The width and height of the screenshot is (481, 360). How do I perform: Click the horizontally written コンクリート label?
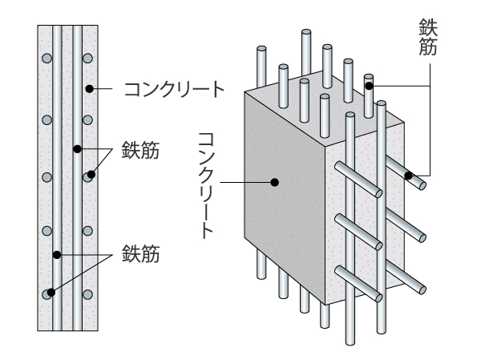click(x=172, y=87)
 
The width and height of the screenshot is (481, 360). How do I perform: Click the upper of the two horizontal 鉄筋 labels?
click(x=140, y=151)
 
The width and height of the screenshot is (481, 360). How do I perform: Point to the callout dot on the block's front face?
click(x=275, y=183)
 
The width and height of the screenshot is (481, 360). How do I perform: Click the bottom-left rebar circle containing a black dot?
click(x=49, y=293)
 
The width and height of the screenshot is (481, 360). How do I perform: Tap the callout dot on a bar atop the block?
click(x=368, y=82)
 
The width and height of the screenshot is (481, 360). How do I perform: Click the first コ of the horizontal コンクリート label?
click(x=130, y=87)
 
